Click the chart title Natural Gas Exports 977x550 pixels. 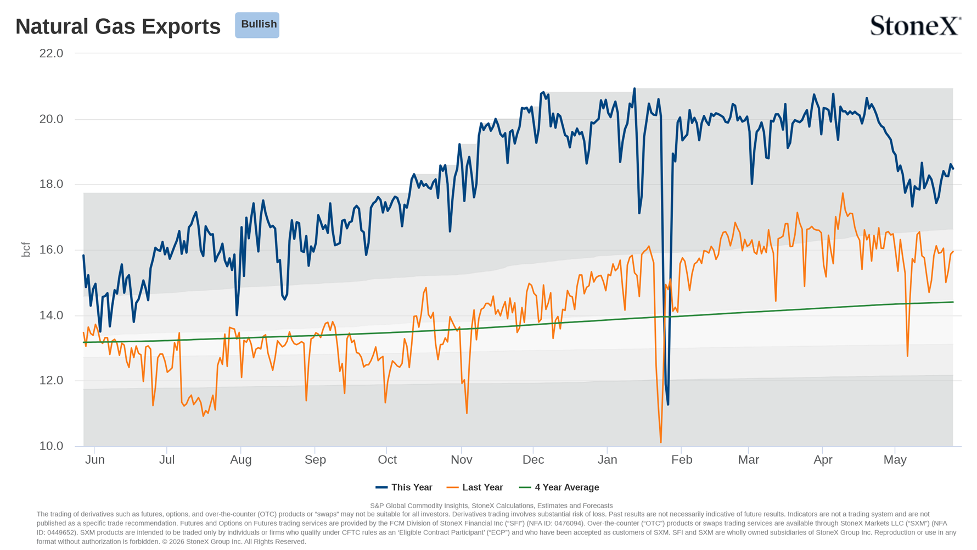pos(118,26)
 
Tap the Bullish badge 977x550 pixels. pos(257,25)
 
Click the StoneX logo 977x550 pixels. pos(916,25)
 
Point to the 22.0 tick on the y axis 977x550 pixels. pos(51,53)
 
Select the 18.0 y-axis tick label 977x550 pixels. pos(51,184)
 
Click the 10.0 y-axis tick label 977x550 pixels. pos(51,446)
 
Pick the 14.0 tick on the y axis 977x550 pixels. pos(51,315)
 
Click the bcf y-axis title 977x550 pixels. pos(25,249)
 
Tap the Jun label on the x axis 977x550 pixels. pos(95,460)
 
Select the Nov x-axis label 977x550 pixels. pos(462,460)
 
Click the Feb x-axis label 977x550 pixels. pos(682,460)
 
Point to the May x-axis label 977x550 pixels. pos(895,460)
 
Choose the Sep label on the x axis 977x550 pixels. pos(315,460)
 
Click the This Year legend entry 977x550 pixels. pos(404,487)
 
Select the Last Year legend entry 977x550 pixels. pos(475,487)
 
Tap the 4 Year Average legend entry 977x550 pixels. pos(559,487)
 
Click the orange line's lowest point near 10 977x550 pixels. pos(661,442)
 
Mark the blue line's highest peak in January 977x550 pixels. pos(635,88)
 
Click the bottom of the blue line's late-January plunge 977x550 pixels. pos(668,404)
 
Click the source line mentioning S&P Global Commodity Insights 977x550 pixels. pos(491,505)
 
